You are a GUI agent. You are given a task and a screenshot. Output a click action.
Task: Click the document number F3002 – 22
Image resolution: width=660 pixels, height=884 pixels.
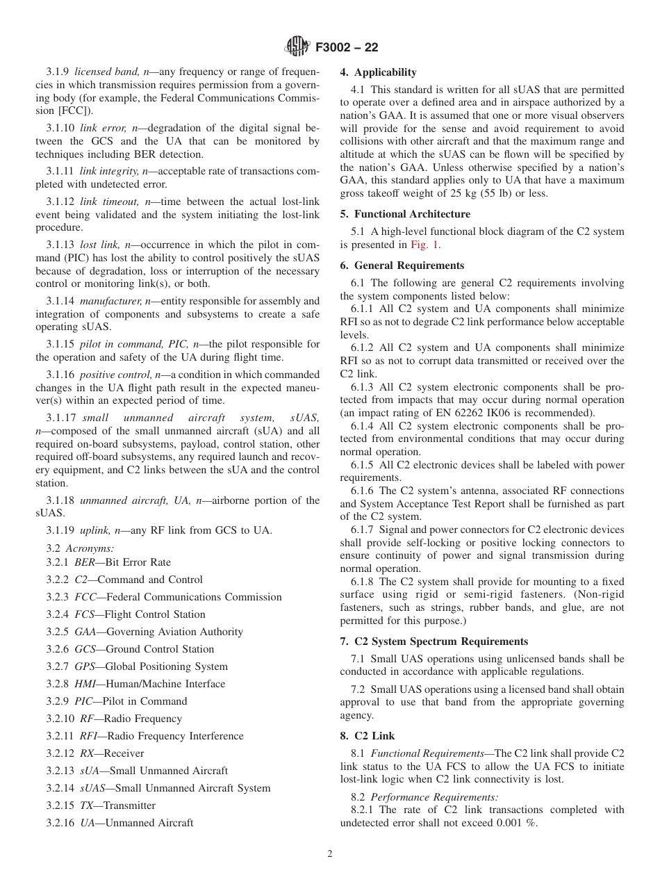[x=347, y=48]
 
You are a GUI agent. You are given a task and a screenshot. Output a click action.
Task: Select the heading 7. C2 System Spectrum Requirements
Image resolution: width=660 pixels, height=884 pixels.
[x=434, y=641]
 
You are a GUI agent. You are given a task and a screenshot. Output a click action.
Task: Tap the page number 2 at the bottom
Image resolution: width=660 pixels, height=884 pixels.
[x=330, y=854]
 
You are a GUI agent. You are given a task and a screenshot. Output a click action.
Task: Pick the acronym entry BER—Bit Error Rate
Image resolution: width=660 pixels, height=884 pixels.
[x=122, y=562]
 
